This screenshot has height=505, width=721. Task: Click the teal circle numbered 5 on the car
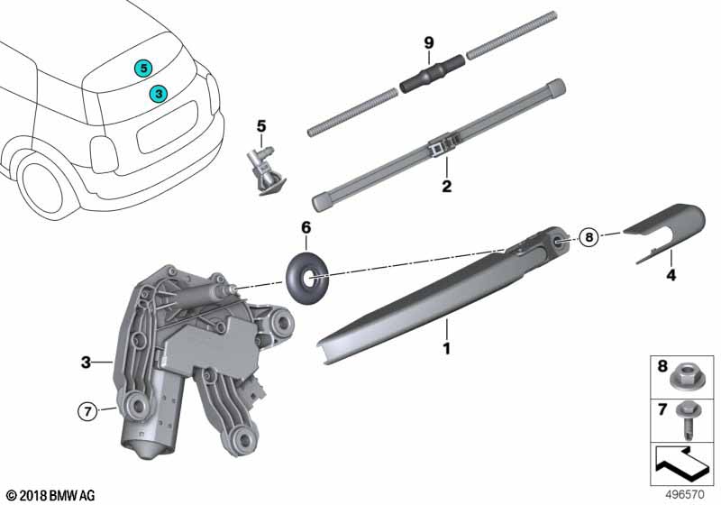point(143,69)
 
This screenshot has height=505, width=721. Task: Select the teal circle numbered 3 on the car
point(159,94)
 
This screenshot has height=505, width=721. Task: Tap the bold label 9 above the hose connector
point(429,42)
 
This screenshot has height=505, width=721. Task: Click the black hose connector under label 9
point(432,74)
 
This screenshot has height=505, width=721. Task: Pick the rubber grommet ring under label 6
point(307,278)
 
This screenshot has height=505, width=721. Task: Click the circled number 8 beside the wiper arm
point(589,237)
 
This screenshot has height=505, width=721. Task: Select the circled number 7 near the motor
point(87,411)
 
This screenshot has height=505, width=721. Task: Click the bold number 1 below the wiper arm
point(446,348)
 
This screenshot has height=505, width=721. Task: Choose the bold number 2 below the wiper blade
point(446,187)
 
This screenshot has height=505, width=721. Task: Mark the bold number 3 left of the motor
point(86,363)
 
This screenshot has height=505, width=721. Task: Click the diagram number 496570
point(685,495)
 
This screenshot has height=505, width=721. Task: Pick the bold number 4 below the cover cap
point(671,275)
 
